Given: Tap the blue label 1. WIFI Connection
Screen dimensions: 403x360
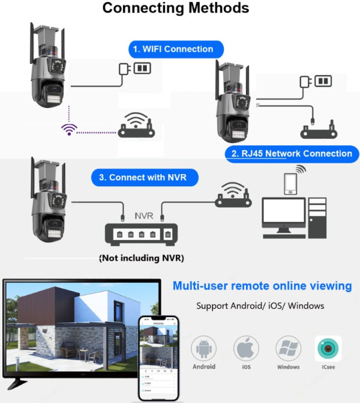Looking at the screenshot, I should pyautogui.click(x=176, y=49).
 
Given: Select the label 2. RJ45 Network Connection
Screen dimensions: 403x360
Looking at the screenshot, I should pyautogui.click(x=292, y=154).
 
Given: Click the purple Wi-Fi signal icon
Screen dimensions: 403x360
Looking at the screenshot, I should pyautogui.click(x=69, y=129).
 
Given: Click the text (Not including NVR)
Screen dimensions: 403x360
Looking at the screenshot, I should pyautogui.click(x=141, y=258).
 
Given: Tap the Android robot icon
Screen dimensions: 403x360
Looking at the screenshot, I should pyautogui.click(x=204, y=349).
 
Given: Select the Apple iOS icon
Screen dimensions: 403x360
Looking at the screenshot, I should pyautogui.click(x=246, y=349).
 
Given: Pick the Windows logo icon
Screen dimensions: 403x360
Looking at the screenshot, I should pyautogui.click(x=288, y=349).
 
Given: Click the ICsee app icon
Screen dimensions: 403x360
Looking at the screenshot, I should pyautogui.click(x=328, y=349).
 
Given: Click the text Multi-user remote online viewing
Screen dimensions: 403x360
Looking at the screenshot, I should pyautogui.click(x=262, y=286).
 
